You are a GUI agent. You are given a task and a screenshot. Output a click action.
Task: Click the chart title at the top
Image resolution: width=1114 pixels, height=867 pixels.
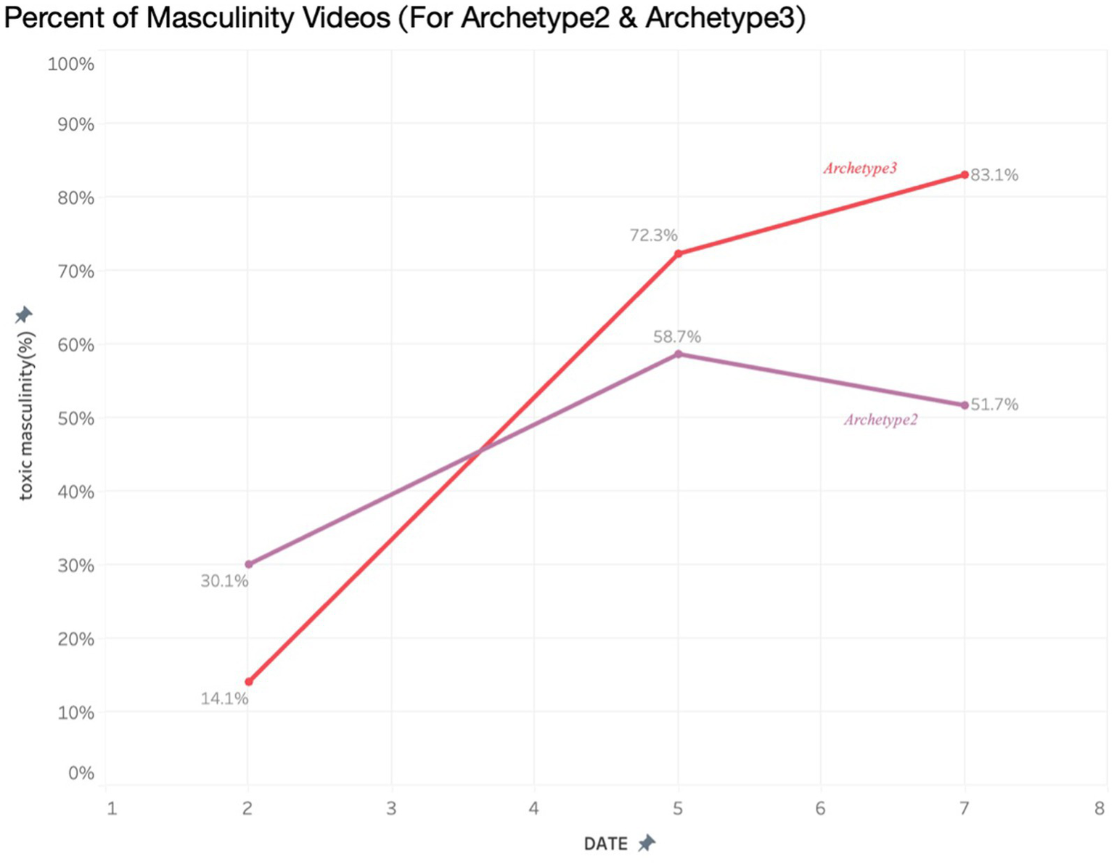click(x=404, y=17)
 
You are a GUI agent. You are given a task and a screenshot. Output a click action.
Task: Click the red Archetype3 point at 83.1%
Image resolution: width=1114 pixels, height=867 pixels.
click(x=964, y=175)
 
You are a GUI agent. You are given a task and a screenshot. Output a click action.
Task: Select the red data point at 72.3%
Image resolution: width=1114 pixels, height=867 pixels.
click(x=678, y=254)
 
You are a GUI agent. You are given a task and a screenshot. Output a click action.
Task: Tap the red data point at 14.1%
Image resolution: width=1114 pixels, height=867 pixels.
click(x=249, y=682)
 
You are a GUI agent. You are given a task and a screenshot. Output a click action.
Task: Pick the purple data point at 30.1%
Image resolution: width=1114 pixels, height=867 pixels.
click(x=249, y=564)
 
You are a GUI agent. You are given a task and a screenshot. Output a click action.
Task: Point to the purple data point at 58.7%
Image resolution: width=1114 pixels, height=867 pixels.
click(x=678, y=354)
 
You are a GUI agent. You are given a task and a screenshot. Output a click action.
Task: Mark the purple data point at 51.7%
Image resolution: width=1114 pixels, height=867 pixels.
click(x=964, y=405)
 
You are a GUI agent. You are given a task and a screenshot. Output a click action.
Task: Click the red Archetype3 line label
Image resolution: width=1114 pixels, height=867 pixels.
click(x=859, y=168)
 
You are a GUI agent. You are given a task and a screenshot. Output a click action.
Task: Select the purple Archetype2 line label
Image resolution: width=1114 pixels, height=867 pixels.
click(x=880, y=420)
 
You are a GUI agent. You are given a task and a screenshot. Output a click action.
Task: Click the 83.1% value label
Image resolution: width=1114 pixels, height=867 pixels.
click(x=994, y=175)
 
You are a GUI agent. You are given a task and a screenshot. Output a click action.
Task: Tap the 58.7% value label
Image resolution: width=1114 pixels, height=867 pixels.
click(x=676, y=337)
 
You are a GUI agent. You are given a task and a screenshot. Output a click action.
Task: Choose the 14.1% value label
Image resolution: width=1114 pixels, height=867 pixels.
click(x=224, y=699)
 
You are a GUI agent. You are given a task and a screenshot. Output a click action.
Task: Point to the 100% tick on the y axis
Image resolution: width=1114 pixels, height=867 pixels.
click(x=71, y=65)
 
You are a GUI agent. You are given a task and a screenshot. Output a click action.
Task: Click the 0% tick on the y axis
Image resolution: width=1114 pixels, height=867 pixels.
click(x=81, y=773)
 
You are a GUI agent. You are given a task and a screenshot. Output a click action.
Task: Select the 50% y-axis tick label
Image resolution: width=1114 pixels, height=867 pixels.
click(x=75, y=419)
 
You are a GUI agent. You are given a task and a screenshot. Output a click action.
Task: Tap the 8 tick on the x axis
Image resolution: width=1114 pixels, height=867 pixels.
click(x=1100, y=808)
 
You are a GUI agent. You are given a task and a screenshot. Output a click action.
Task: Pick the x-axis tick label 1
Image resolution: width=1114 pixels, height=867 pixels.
click(x=112, y=808)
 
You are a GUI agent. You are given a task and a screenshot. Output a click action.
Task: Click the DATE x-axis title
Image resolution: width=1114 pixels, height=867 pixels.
click(x=605, y=844)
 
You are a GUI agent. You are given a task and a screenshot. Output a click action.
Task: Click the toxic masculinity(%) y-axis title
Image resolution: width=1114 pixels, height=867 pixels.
click(x=26, y=415)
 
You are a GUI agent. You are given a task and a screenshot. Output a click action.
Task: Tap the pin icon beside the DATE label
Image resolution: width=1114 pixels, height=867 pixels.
click(x=646, y=843)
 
